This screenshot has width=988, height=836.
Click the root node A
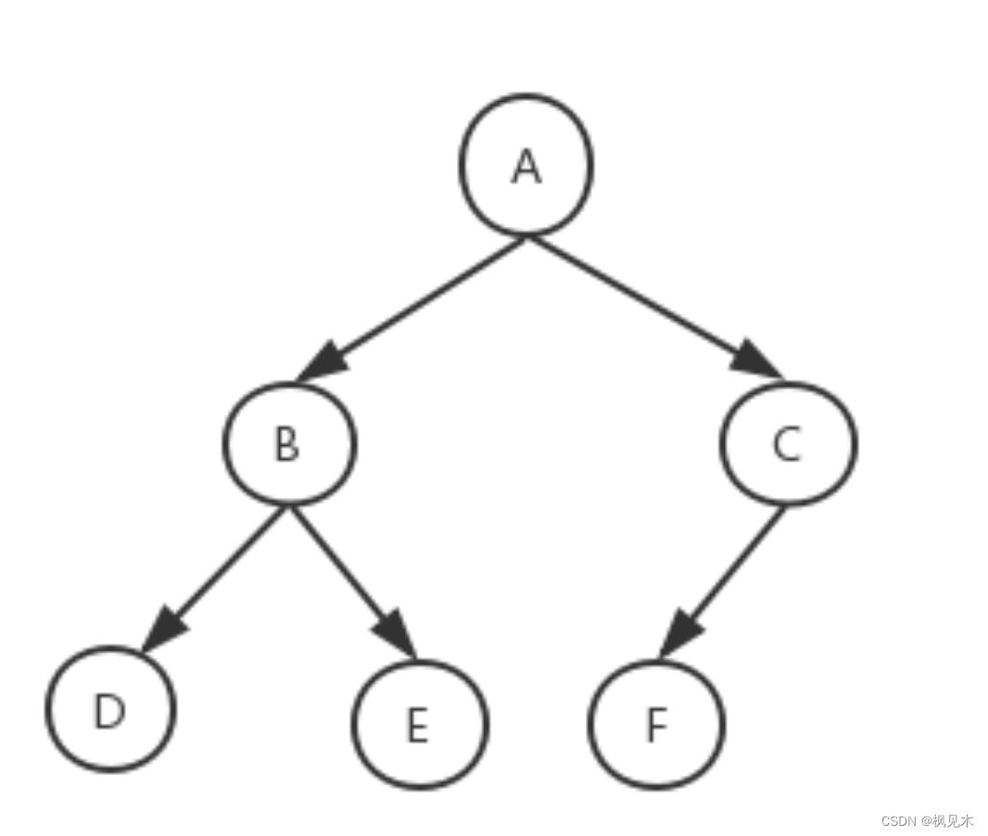526,165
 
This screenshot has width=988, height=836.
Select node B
288,444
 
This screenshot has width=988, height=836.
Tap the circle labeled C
789,444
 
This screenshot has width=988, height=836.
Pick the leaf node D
110,709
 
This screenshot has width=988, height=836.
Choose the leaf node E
419,724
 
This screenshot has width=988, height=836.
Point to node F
656,724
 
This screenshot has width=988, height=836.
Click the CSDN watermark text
927,821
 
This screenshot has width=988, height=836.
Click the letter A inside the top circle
526,167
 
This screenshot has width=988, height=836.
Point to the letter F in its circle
656,727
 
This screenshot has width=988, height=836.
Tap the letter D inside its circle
109,712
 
